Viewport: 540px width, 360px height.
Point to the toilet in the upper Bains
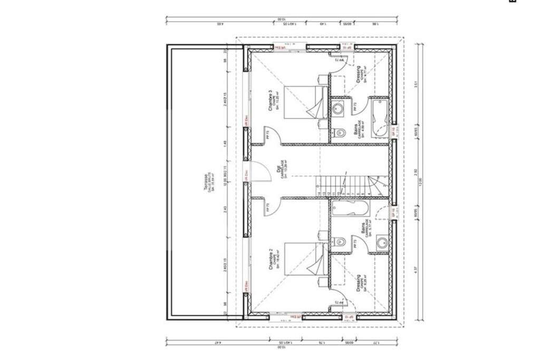click(340, 132)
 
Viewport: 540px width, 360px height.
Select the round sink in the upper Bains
click(339, 109)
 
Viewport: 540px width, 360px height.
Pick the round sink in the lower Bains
click(381, 244)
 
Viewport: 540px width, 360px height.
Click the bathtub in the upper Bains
click(379, 119)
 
